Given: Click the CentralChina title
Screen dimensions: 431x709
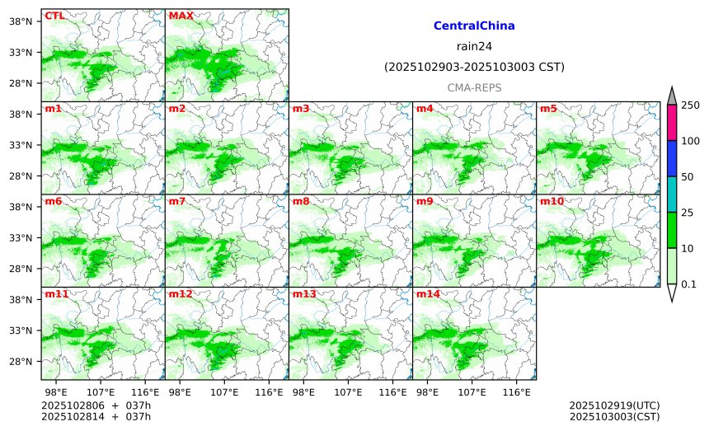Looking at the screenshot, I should [474, 26].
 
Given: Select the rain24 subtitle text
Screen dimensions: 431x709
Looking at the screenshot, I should [474, 46].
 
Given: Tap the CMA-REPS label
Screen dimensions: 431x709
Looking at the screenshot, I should [474, 87].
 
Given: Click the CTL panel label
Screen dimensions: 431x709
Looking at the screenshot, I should [54, 16].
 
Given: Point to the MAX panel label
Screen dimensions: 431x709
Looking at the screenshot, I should [181, 16].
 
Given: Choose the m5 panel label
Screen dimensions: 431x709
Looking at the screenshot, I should [548, 109].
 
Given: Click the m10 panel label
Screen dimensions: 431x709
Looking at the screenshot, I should [552, 201].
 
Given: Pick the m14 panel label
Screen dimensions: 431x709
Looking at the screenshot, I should [428, 294].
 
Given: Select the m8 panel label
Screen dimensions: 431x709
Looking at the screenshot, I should [301, 201].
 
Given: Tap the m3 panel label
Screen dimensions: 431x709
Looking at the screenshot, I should [301, 109].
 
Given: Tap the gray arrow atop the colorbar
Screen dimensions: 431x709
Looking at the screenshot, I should [671, 96].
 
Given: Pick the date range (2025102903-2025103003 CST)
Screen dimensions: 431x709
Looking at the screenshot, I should [474, 67].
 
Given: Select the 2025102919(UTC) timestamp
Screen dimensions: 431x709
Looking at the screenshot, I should [614, 406].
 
